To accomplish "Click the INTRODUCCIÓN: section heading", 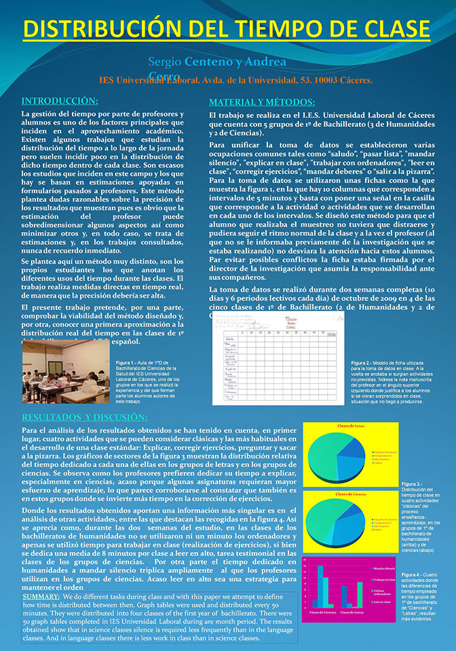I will click(x=59, y=100).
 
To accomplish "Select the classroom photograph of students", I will click(x=66, y=372).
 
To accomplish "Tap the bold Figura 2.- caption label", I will click(x=364, y=363).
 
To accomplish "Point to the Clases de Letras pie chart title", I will click(x=350, y=426).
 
